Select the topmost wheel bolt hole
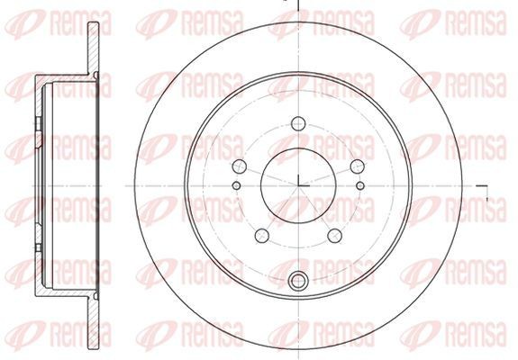click(x=298, y=123)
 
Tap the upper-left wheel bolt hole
click(x=240, y=166)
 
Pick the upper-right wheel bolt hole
click(x=357, y=166)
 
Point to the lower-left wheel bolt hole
click(x=262, y=236)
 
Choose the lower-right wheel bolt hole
click(x=334, y=236)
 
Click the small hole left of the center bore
click(x=237, y=185)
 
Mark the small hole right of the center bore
click(x=360, y=185)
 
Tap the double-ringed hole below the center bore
click(x=298, y=281)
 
